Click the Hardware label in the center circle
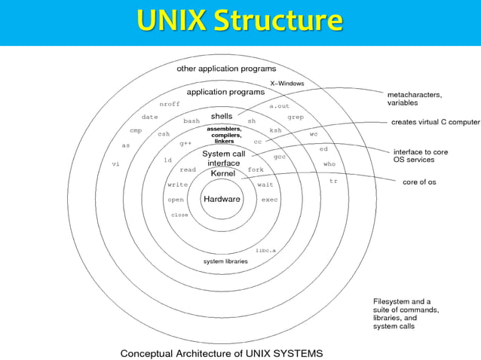222,200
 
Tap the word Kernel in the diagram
222,173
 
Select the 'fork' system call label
256,169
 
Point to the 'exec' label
269,200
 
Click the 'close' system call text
179,215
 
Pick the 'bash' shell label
191,121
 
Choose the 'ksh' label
275,130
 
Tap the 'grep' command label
295,117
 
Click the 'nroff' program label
170,104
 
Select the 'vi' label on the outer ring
116,163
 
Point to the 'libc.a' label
265,250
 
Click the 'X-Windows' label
287,83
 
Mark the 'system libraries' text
225,261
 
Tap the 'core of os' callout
419,182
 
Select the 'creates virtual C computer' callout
435,121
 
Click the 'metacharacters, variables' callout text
415,99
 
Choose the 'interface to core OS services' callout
420,156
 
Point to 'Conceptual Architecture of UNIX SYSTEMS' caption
222,352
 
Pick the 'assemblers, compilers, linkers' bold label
224,135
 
